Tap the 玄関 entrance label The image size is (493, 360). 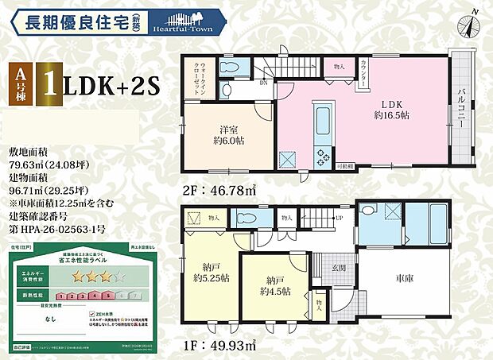338,269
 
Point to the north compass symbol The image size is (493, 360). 470,22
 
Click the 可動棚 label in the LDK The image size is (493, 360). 344,167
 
